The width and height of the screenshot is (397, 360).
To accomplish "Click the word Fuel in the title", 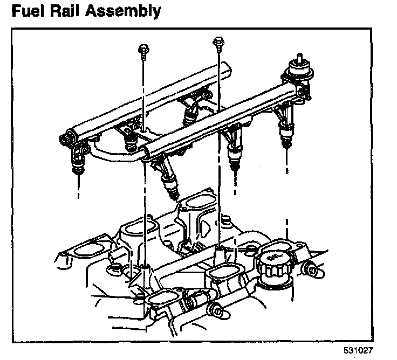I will tap(29, 10).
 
